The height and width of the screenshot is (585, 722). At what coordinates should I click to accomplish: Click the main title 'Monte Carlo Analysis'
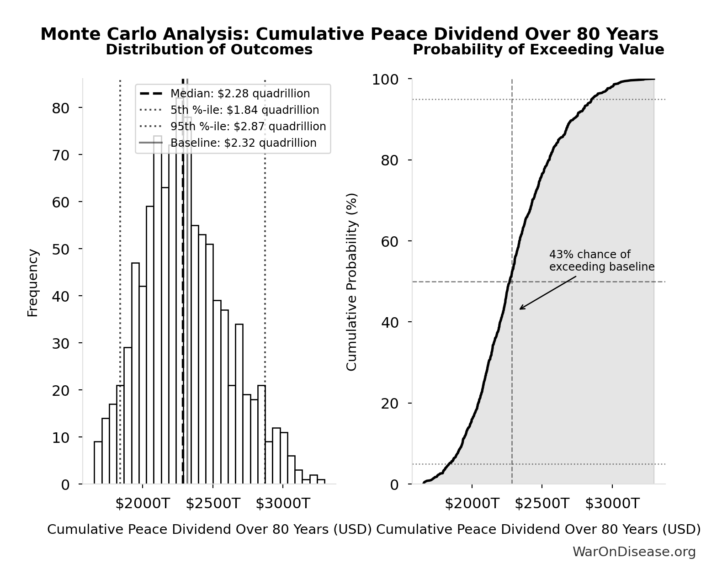pos(349,34)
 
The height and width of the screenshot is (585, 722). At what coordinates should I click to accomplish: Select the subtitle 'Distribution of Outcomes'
pos(209,50)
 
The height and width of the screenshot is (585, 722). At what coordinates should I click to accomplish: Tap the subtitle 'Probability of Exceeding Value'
pos(538,50)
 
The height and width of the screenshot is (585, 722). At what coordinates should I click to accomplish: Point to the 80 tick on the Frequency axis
pos(60,108)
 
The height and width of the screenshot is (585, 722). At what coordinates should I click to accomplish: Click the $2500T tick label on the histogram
pos(212,504)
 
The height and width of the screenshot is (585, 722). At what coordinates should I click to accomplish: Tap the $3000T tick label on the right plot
pos(612,504)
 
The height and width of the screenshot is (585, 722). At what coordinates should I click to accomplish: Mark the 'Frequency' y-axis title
pos(33,282)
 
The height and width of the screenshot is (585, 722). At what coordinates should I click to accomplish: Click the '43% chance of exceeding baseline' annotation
pos(601,261)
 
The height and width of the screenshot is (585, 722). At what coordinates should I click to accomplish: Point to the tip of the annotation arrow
pos(520,309)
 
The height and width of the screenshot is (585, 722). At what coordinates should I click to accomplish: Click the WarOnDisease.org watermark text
pos(634,552)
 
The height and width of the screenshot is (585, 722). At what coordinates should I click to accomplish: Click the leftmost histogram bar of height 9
pos(98,463)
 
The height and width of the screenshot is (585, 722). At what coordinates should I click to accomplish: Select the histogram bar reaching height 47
pos(135,373)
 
